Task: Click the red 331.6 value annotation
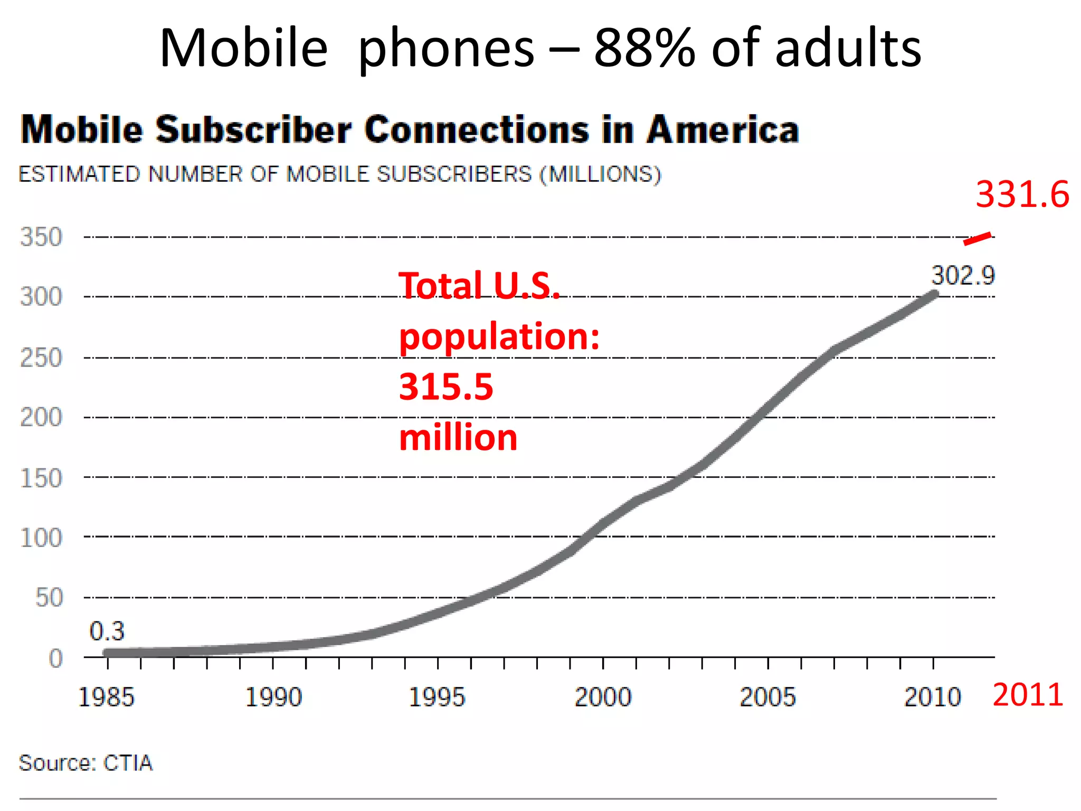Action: (x=1022, y=194)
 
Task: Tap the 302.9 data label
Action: (x=962, y=276)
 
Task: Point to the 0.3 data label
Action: (x=107, y=631)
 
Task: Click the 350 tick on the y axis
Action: (x=41, y=237)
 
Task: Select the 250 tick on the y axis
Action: (x=41, y=358)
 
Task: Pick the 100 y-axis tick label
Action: (x=41, y=538)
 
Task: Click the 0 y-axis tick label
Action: (x=56, y=658)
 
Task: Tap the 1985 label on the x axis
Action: (x=106, y=697)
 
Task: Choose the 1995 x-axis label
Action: (x=437, y=697)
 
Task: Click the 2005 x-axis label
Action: (x=767, y=697)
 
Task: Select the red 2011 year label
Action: (x=1027, y=695)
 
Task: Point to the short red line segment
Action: (x=977, y=239)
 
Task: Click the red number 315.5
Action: (x=446, y=387)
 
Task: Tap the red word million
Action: (x=458, y=438)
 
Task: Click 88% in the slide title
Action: (x=644, y=49)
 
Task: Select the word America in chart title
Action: (x=723, y=130)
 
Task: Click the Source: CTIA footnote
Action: (x=86, y=763)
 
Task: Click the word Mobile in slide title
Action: (x=244, y=49)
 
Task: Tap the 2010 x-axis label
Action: (x=932, y=697)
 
